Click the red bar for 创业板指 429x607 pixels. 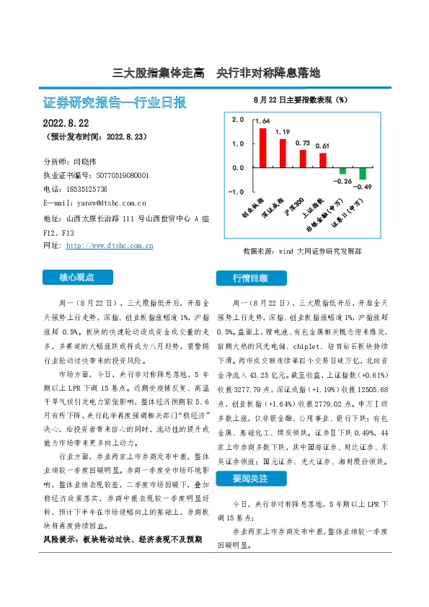(x=263, y=148)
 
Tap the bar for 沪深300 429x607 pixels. (x=303, y=159)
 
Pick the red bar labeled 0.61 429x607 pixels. (x=323, y=160)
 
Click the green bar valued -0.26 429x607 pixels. (x=342, y=171)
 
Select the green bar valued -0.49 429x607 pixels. (x=363, y=174)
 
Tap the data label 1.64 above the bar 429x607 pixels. (x=262, y=123)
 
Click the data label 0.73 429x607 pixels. (x=303, y=143)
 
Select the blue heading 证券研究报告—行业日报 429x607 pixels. (x=115, y=103)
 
